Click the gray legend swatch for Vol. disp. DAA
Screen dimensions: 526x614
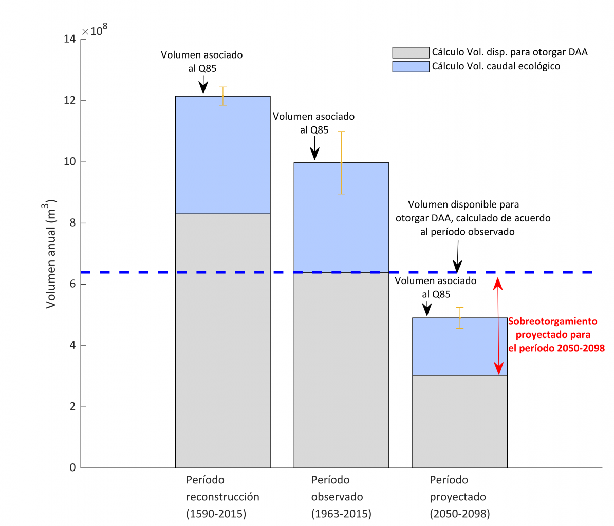(411, 52)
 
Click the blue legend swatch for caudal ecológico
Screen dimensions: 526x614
(411, 66)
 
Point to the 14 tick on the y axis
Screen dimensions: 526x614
(70, 40)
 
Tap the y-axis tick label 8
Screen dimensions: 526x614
(72, 223)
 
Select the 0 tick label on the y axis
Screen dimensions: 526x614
(72, 468)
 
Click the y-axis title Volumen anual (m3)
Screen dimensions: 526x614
(51, 254)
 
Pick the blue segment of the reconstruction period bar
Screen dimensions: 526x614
(222, 154)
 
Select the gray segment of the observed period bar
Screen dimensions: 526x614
(341, 370)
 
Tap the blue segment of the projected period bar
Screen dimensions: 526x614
(460, 347)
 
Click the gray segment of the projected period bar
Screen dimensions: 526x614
(460, 421)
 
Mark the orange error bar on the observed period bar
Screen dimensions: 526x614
(341, 162)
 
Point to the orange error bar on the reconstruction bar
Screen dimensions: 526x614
(223, 96)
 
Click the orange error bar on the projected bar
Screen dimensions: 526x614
(460, 318)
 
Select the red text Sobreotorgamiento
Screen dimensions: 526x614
(553, 321)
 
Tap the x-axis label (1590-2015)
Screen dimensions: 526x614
(216, 514)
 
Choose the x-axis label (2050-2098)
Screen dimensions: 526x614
(460, 514)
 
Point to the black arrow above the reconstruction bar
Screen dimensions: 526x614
(203, 83)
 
